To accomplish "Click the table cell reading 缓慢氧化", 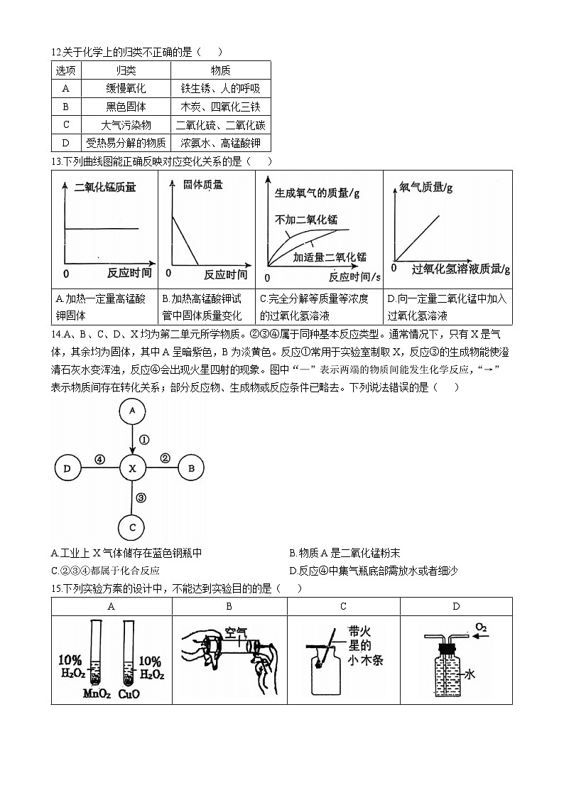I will tap(126, 89).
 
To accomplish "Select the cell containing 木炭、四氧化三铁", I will tap(220, 107).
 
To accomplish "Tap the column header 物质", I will tap(220, 70).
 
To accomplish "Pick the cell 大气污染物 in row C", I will tap(126, 125).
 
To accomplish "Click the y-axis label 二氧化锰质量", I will tap(104, 188).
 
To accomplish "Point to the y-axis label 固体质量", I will tap(202, 185).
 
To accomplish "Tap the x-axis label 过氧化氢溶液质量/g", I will tap(460, 269).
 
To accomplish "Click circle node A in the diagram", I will tap(132, 411).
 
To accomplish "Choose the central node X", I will tap(132, 468).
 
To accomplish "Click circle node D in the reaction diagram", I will tap(67, 468).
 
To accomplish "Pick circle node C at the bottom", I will tap(132, 527).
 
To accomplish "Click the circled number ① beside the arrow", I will tap(143, 439).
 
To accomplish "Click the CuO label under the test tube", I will tap(129, 693).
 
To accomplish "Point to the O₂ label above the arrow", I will tap(481, 627).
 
